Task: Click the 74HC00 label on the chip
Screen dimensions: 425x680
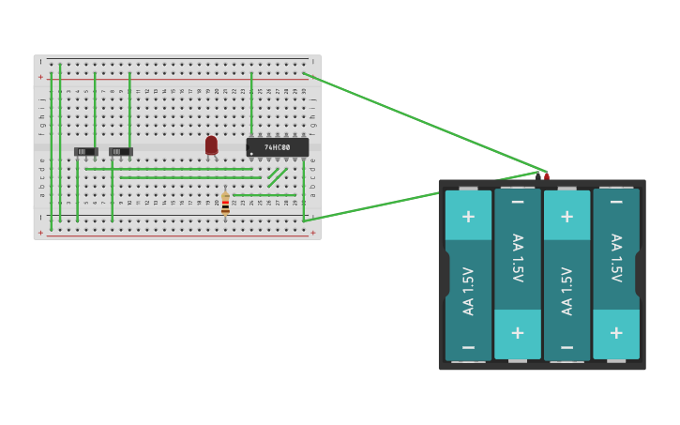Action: click(x=277, y=147)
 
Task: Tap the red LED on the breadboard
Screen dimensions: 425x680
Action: click(x=211, y=144)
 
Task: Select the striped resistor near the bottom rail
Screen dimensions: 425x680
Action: click(x=225, y=204)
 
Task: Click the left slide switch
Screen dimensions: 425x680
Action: click(x=85, y=151)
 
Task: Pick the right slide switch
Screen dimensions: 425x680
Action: click(x=120, y=151)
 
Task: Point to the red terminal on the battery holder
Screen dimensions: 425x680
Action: click(x=547, y=175)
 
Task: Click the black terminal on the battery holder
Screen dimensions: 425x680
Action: click(x=537, y=175)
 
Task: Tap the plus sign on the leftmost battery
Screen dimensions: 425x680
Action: click(x=468, y=216)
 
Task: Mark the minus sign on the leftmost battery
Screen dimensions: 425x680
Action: click(x=468, y=346)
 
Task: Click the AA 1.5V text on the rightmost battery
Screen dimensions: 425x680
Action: click(x=616, y=258)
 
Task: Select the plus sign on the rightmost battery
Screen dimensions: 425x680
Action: click(x=616, y=333)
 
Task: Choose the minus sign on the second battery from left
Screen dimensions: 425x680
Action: click(x=518, y=202)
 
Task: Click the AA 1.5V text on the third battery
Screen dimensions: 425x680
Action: click(x=567, y=291)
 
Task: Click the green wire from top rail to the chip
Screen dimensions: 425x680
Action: click(x=251, y=103)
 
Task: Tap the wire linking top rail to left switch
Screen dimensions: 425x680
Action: click(x=95, y=108)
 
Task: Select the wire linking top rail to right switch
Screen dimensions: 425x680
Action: click(x=129, y=108)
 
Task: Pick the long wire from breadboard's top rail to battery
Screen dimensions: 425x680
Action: click(x=422, y=122)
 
